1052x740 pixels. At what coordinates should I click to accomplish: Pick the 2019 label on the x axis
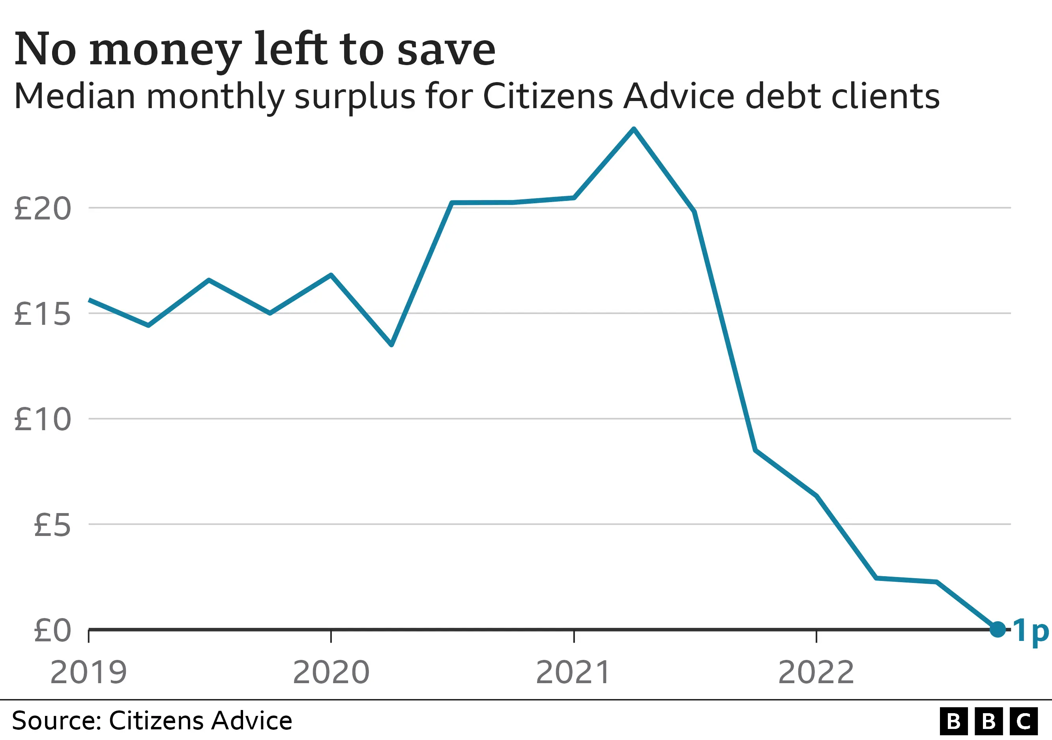click(88, 672)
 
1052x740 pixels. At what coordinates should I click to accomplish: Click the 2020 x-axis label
click(331, 672)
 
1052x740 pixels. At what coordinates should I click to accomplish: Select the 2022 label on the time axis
click(816, 672)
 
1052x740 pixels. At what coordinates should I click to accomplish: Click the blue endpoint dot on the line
click(998, 629)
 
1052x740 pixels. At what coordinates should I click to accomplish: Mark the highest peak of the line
click(634, 130)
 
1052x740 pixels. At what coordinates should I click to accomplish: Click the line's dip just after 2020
click(391, 345)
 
